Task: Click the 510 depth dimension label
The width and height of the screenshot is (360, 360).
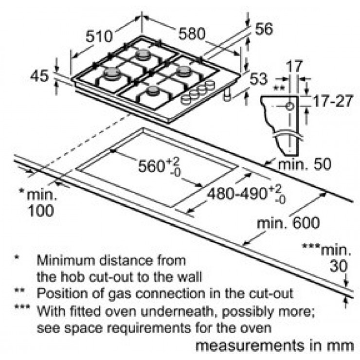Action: coord(99,36)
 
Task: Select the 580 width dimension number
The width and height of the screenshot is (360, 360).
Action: coord(192,34)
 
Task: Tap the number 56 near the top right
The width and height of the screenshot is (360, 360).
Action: coord(264,29)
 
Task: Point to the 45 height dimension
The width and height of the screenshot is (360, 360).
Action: coord(39,76)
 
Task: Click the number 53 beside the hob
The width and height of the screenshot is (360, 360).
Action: coord(259,79)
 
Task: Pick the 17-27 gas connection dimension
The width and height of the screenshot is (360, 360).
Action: coord(333,101)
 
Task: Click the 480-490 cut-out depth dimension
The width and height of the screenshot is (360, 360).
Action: coord(246,194)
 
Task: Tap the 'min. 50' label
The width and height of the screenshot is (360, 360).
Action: coord(305,164)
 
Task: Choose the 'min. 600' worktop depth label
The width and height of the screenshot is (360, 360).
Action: coord(288,223)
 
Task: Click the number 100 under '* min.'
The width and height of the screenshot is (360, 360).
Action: coord(41,211)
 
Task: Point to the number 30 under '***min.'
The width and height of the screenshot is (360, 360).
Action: coord(339,267)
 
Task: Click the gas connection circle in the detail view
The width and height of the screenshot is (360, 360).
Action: coord(290,107)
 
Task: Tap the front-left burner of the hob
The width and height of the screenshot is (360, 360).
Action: coord(112,73)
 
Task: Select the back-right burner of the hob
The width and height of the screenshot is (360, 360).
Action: coord(184,71)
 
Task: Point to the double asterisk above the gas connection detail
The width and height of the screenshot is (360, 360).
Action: coord(279,88)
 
